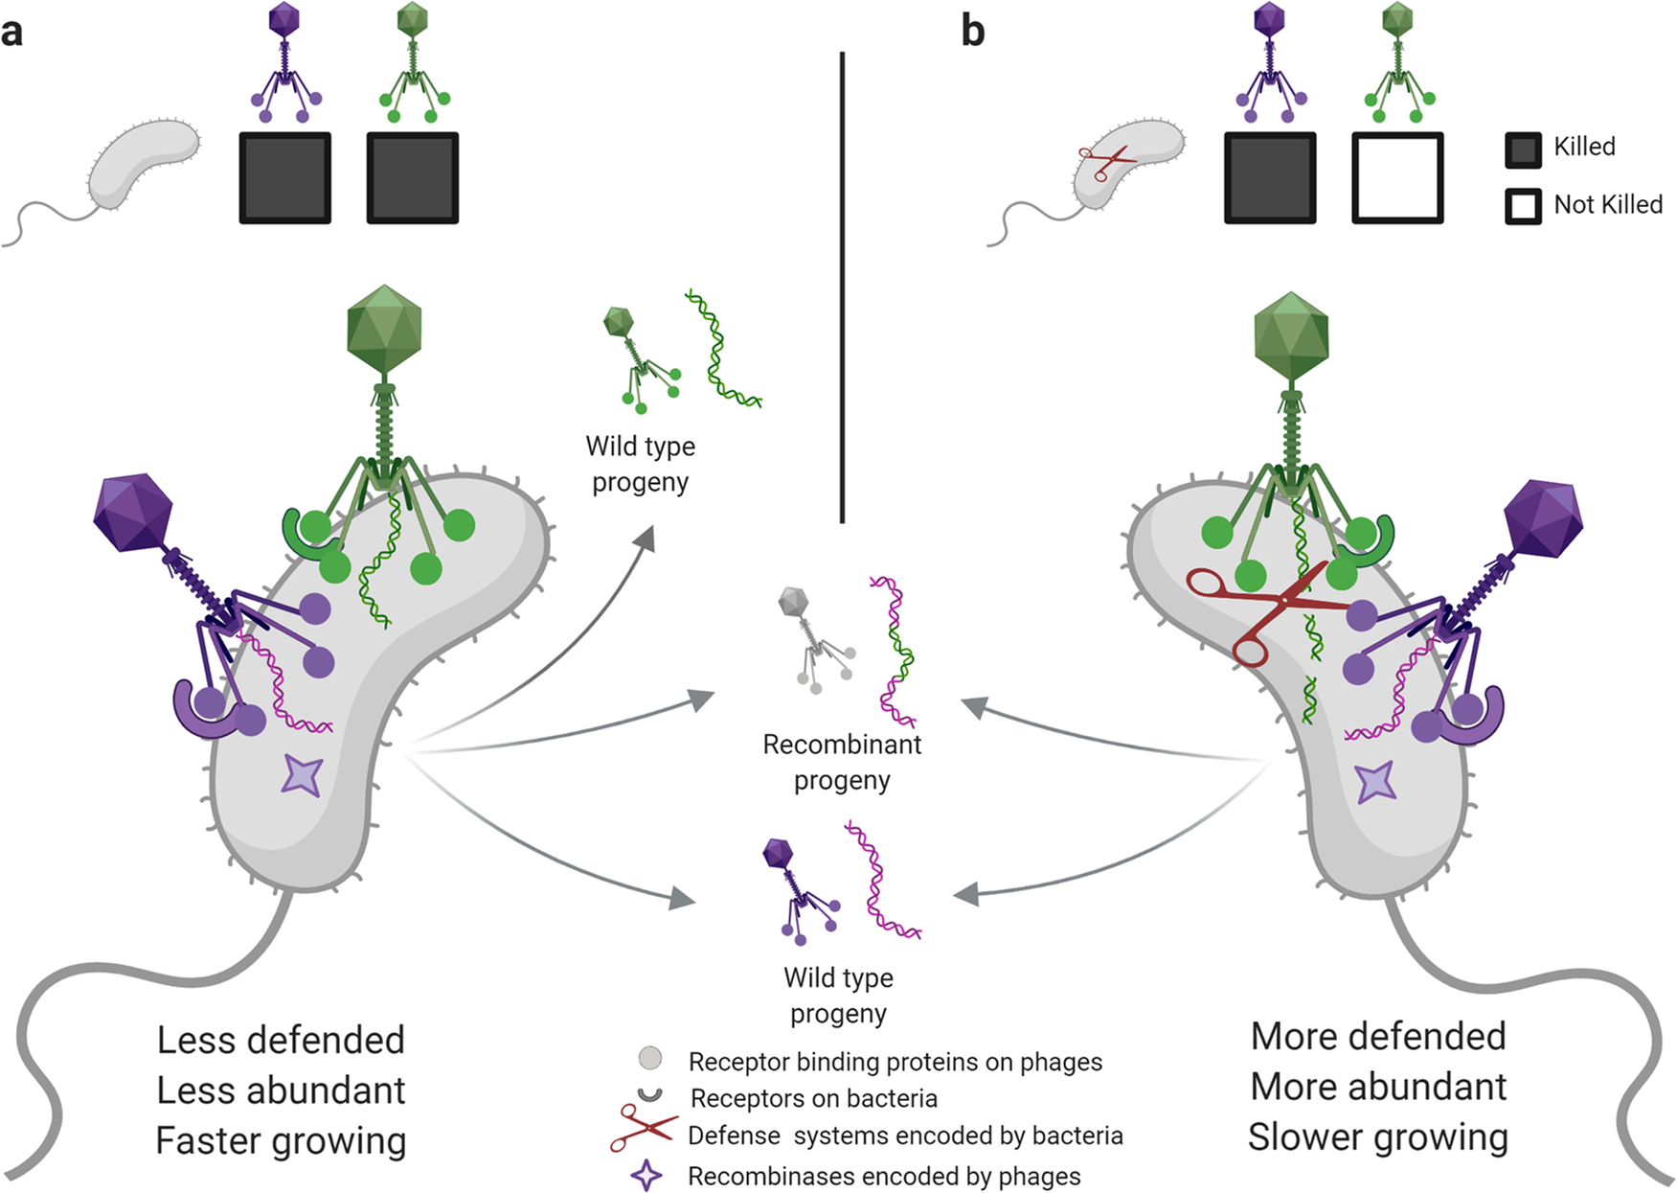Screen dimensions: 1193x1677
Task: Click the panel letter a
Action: pyautogui.click(x=11, y=33)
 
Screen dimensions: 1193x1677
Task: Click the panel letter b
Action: pyautogui.click(x=973, y=32)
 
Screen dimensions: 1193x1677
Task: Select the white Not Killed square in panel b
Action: pyautogui.click(x=1397, y=179)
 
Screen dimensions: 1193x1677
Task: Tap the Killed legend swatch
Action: pyautogui.click(x=1523, y=149)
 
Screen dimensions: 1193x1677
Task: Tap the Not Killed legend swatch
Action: pyautogui.click(x=1523, y=206)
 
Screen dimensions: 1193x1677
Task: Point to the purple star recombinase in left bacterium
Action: pyautogui.click(x=303, y=775)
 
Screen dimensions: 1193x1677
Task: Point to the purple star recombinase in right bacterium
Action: pyautogui.click(x=1376, y=781)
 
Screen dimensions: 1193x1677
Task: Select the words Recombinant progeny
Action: pyautogui.click(x=842, y=762)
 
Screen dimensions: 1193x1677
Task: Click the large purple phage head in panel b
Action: pyautogui.click(x=1543, y=518)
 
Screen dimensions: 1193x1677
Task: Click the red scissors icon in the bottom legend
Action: pyautogui.click(x=644, y=1129)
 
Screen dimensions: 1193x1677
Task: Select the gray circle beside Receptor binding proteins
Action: pyautogui.click(x=650, y=1059)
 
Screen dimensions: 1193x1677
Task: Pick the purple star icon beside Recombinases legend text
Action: pyautogui.click(x=646, y=1175)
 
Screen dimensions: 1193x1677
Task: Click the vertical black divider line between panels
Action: pyautogui.click(x=843, y=287)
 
